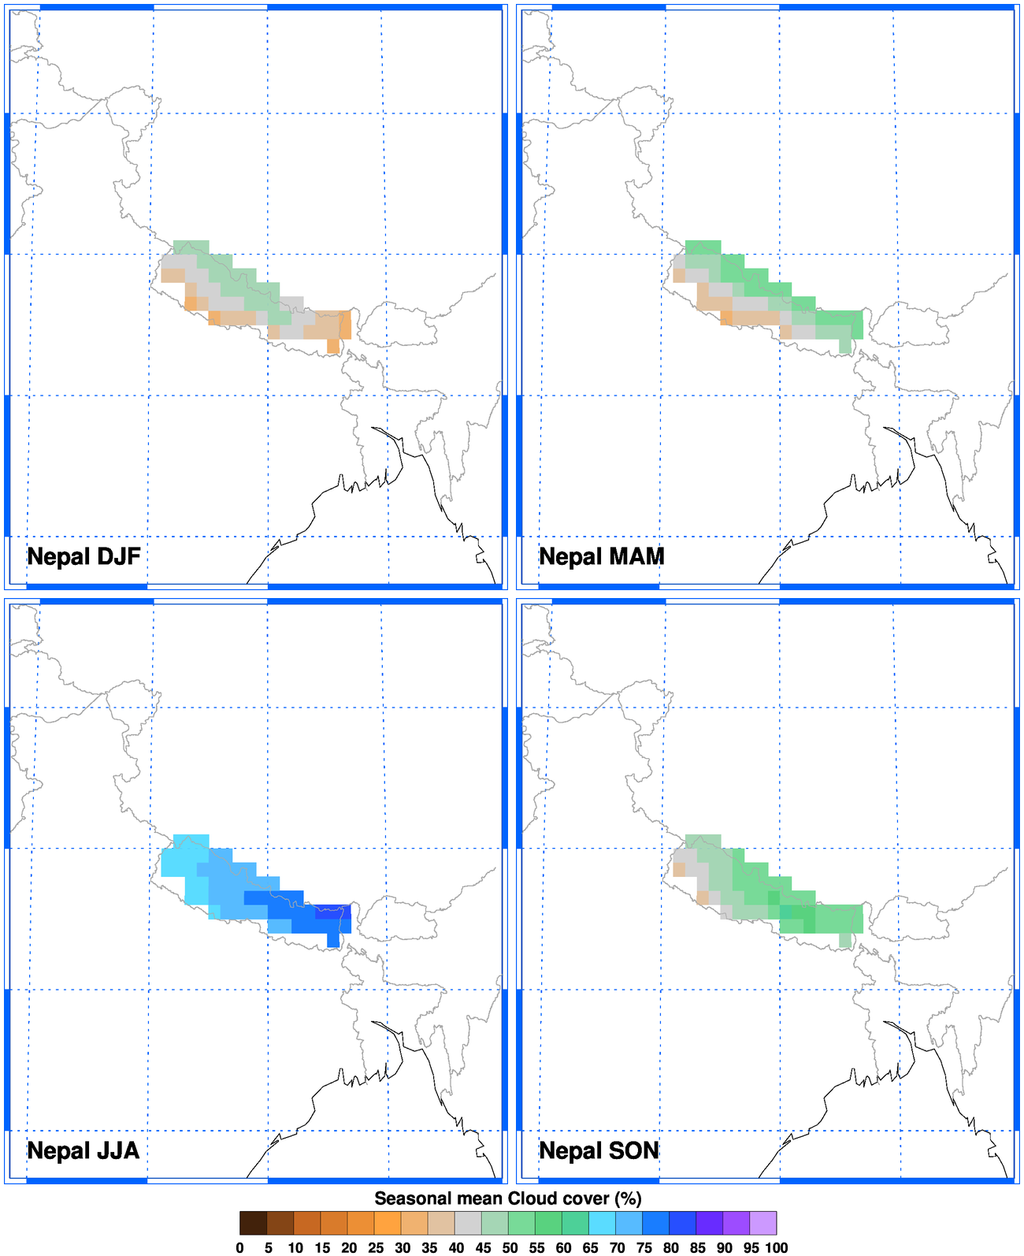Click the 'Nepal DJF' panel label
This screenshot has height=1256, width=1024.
point(83,556)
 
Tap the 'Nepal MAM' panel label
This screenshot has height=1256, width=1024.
point(602,556)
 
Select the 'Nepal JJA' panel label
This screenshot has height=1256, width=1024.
point(83,1150)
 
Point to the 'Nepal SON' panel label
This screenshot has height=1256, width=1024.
point(599,1150)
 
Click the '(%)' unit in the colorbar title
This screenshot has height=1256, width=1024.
point(628,1198)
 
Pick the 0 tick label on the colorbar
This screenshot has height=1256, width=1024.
point(239,1247)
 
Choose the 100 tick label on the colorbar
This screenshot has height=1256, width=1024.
point(776,1247)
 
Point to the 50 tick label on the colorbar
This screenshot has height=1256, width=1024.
point(510,1247)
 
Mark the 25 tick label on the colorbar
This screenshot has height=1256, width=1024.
point(376,1247)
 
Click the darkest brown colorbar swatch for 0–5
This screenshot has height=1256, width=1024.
point(253,1223)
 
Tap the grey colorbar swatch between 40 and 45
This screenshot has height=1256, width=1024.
point(468,1223)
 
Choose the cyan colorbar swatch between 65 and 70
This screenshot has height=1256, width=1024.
point(602,1223)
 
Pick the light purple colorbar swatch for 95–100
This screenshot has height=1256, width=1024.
point(762,1223)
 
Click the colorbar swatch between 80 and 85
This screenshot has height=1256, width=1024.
point(682,1223)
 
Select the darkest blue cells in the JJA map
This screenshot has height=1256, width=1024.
point(333,912)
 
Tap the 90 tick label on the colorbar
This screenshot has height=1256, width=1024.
point(725,1247)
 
